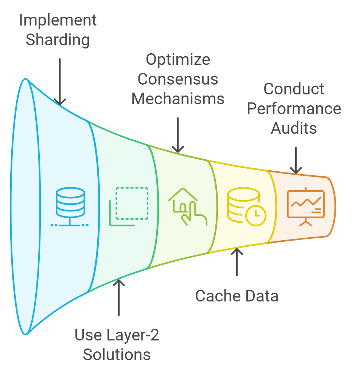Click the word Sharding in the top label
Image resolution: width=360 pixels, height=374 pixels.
click(x=58, y=40)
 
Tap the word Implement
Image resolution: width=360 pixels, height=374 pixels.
click(x=58, y=20)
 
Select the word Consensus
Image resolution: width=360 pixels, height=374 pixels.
click(x=178, y=79)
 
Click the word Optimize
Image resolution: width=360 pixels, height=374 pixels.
click(x=178, y=59)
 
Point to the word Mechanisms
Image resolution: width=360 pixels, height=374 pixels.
click(x=178, y=99)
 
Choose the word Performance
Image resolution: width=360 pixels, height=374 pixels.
click(x=294, y=108)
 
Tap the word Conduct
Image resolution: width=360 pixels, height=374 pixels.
click(x=294, y=89)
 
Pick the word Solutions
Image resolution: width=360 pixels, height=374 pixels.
click(x=117, y=354)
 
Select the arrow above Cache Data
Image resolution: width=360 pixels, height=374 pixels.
click(x=237, y=261)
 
